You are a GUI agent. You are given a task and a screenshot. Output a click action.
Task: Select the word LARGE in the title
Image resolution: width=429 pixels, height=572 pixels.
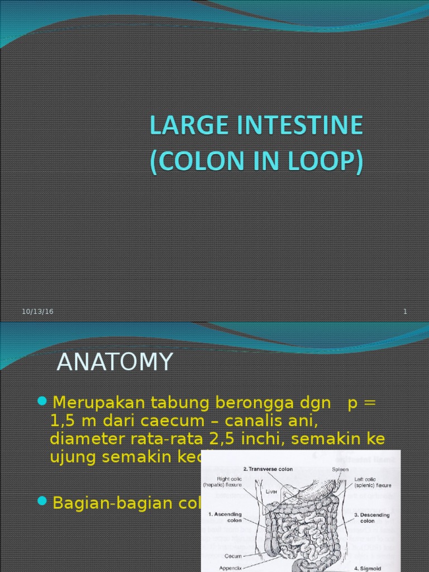tap(181, 126)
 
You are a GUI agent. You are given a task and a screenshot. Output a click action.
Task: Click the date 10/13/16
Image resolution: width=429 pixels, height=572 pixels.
tap(38, 312)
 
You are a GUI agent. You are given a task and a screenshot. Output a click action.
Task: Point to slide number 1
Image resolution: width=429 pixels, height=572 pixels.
tap(405, 312)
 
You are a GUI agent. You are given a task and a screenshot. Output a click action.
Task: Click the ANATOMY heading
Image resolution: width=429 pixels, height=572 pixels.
tap(115, 362)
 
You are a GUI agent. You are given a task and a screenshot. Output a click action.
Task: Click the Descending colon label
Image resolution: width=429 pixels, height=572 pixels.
tap(371, 517)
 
